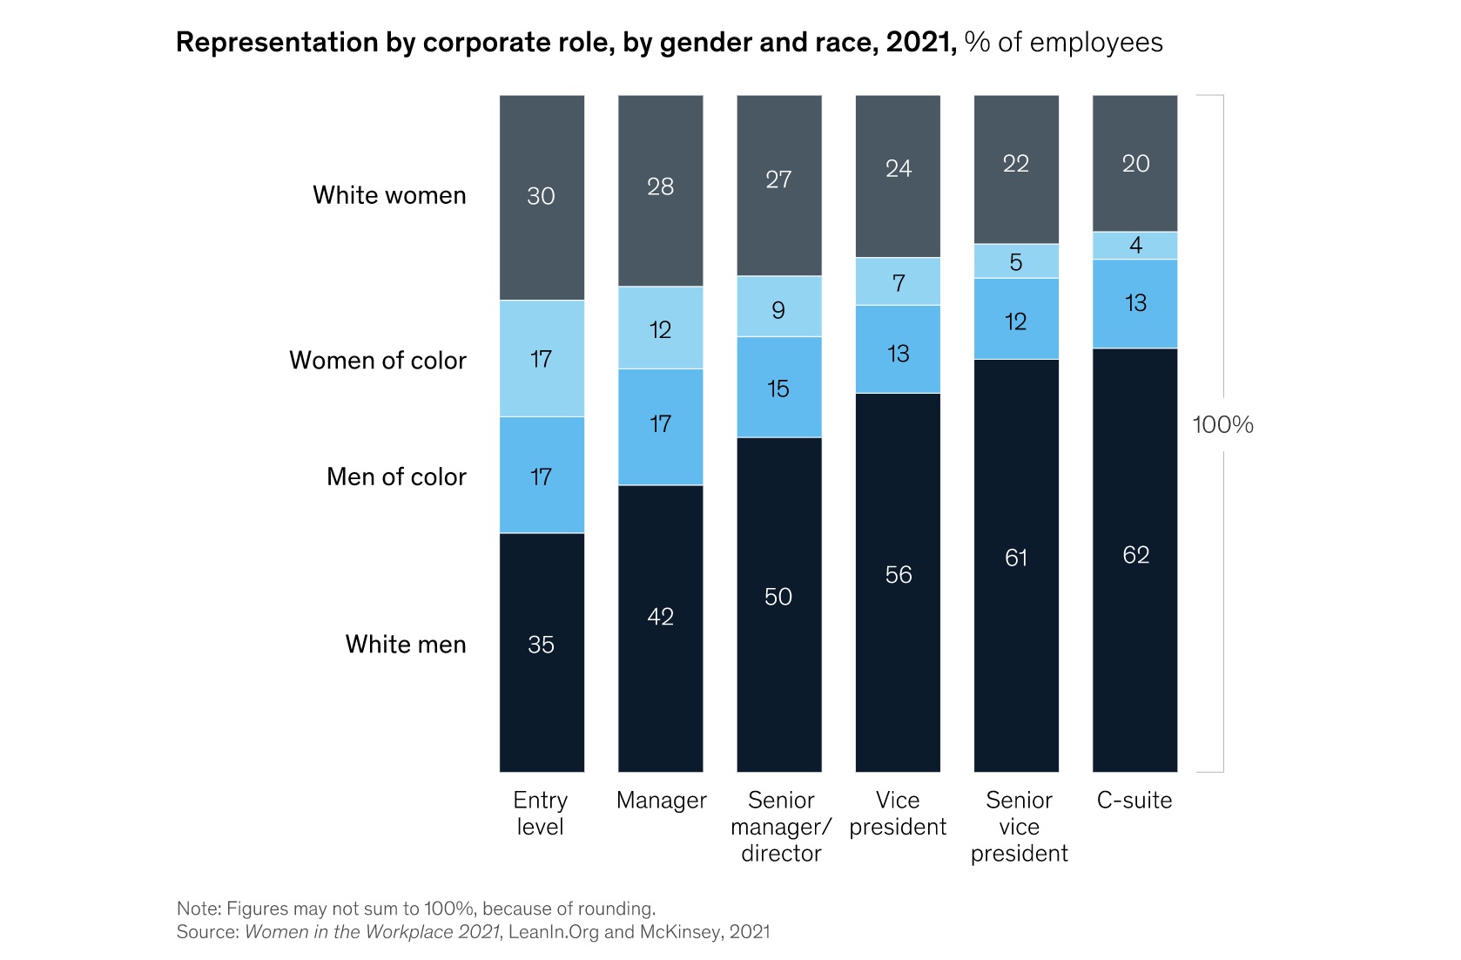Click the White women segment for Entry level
[542, 197]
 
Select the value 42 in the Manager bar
[660, 617]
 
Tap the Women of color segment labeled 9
[778, 310]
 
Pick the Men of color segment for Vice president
[898, 352]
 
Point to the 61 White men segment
[1016, 558]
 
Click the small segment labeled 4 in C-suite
[1134, 246]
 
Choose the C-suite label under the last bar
[1134, 800]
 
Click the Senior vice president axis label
[1019, 826]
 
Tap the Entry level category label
[541, 813]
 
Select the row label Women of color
[377, 360]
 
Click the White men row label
[405, 644]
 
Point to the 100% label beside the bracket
[1222, 425]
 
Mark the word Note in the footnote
[197, 909]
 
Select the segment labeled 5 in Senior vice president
[1016, 262]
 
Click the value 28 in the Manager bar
[660, 186]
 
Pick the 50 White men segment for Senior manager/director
[778, 597]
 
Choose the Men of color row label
[396, 477]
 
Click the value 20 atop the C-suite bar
[1135, 164]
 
